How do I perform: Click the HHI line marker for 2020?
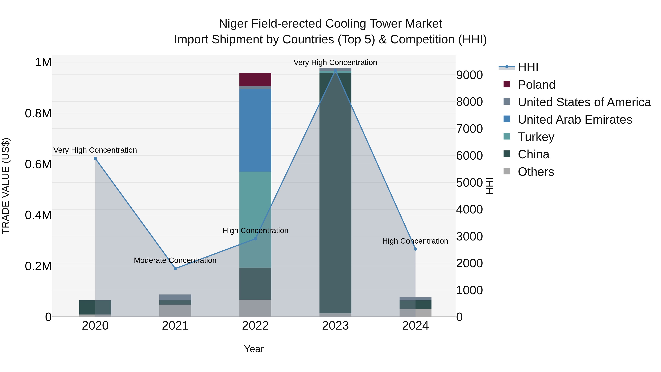click(x=95, y=158)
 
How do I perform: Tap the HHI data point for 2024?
click(x=416, y=249)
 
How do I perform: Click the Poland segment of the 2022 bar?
click(x=255, y=80)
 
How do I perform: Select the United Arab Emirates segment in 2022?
click(x=255, y=130)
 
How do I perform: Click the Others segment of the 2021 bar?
click(x=175, y=310)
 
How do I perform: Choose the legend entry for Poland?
click(x=536, y=85)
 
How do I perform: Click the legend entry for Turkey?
click(x=536, y=137)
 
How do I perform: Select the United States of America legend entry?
click(x=584, y=102)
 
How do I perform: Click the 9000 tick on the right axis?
click(x=469, y=75)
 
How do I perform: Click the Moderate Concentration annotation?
click(x=175, y=260)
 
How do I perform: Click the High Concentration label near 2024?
click(x=415, y=241)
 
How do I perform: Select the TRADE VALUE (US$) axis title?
click(x=6, y=186)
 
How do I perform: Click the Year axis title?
click(x=254, y=349)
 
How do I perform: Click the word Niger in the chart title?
click(x=233, y=24)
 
